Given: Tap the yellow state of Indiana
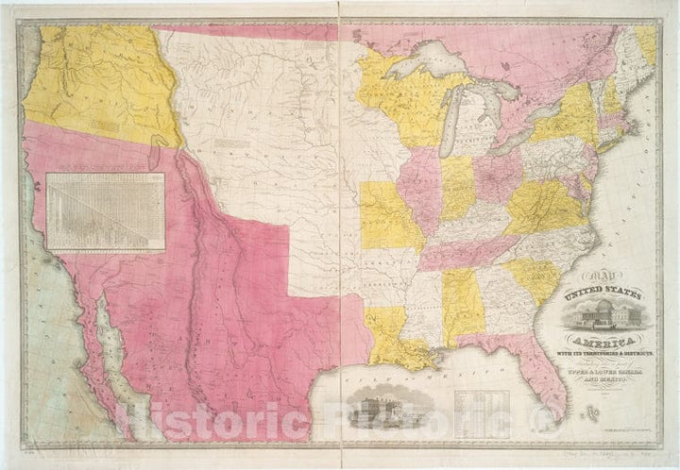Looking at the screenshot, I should [x=459, y=188].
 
